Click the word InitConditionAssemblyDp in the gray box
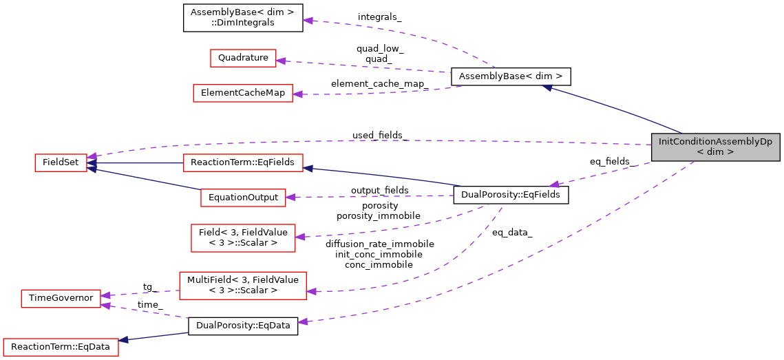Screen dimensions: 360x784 pyautogui.click(x=715, y=142)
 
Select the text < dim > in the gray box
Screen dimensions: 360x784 pyautogui.click(x=715, y=152)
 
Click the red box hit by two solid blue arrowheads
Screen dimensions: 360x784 pyautogui.click(x=61, y=163)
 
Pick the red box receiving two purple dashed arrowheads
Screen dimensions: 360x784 pyautogui.click(x=61, y=299)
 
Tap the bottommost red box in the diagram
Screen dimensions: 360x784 pyautogui.click(x=61, y=347)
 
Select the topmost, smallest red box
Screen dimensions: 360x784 pyautogui.click(x=243, y=59)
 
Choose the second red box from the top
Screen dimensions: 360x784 pyautogui.click(x=242, y=94)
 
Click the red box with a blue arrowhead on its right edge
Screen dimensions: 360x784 pyautogui.click(x=243, y=163)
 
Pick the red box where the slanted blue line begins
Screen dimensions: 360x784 pyautogui.click(x=243, y=198)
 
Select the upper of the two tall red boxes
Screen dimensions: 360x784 pyautogui.click(x=243, y=238)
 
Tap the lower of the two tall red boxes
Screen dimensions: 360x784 pyautogui.click(x=242, y=286)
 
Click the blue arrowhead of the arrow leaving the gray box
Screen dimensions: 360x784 pyautogui.click(x=548, y=87)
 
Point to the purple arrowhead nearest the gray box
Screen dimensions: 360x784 pyautogui.click(x=554, y=184)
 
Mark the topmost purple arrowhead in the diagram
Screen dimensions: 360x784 pyautogui.click(x=308, y=21)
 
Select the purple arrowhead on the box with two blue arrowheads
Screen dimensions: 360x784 pyautogui.click(x=92, y=157)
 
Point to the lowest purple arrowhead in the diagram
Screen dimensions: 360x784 pyautogui.click(x=302, y=321)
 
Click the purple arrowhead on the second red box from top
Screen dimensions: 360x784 pyautogui.click(x=297, y=94)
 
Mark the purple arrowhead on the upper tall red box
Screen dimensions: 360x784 pyautogui.click(x=300, y=237)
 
